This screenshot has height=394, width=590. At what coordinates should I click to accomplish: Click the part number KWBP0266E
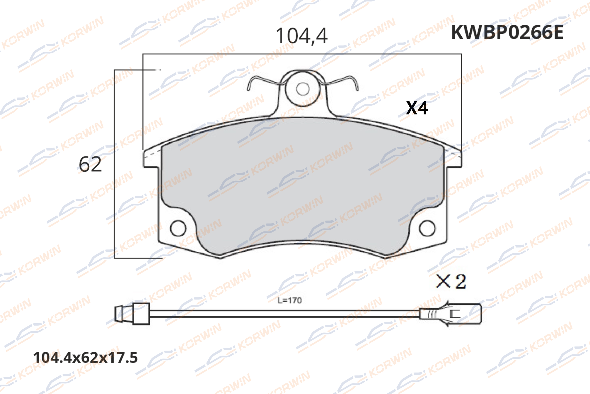tap(507, 32)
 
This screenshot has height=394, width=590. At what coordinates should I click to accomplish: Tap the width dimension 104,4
tap(301, 36)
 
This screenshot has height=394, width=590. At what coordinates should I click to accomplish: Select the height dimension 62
tap(90, 164)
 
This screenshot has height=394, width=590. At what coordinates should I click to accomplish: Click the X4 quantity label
tap(417, 108)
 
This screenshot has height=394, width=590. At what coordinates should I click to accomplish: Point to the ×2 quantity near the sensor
tap(451, 282)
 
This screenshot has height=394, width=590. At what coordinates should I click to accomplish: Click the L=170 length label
tap(289, 300)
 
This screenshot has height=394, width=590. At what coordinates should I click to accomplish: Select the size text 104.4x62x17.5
tap(85, 358)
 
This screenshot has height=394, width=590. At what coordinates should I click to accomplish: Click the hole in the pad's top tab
tap(303, 89)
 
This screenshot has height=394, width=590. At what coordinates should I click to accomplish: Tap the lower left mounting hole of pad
tap(178, 228)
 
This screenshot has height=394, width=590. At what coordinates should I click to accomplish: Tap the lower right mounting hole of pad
tap(427, 228)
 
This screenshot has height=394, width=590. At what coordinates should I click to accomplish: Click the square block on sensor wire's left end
tap(141, 314)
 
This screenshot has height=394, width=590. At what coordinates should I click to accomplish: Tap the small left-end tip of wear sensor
tap(119, 314)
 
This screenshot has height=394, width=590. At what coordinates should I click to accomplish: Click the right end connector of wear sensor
tap(466, 314)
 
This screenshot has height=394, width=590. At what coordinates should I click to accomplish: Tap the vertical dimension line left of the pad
tap(114, 164)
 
